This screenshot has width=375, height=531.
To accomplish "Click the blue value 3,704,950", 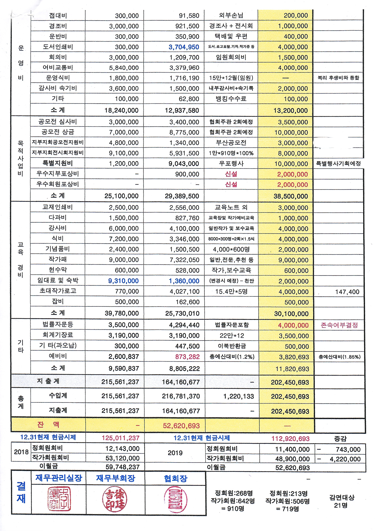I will (184, 47).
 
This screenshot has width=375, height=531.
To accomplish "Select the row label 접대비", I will (58, 15).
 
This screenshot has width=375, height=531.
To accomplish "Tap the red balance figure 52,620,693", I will (181, 426).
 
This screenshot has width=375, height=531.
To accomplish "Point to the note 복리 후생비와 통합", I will (338, 78).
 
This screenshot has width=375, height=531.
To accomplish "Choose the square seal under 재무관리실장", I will (59, 499).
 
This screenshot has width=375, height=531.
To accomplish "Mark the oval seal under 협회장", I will (175, 499).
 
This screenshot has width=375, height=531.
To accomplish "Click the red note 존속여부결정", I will (339, 325).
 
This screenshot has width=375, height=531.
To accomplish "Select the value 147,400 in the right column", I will (347, 292).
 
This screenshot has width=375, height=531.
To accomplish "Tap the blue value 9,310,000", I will (123, 281).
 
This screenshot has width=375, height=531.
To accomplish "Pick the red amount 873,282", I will (187, 357).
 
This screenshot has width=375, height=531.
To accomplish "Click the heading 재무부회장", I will (115, 478).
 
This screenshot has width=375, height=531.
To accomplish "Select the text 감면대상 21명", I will (342, 501).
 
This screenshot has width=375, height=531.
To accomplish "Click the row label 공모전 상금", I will (58, 132).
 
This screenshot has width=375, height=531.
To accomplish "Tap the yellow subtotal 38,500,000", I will (291, 196).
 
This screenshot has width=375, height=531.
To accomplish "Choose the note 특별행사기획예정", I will (338, 163).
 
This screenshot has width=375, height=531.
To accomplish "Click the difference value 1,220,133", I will (238, 396).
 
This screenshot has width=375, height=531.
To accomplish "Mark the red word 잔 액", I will (48, 424).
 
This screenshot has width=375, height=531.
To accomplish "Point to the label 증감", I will (340, 438).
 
